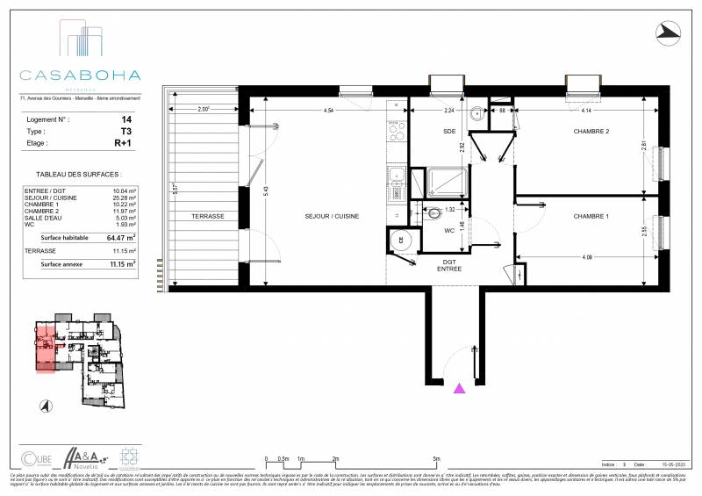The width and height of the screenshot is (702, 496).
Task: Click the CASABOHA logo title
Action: [81, 75]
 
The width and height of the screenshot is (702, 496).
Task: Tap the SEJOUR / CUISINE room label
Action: [332, 216]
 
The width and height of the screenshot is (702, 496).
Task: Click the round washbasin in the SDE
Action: [476, 113]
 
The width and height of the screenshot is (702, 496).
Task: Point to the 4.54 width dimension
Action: [328, 111]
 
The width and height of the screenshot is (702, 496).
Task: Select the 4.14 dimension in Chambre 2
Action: [585, 111]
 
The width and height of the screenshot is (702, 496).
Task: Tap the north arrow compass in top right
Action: [669, 32]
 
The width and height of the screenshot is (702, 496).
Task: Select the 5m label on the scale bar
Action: [436, 459]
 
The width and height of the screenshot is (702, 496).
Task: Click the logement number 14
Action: [126, 118]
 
